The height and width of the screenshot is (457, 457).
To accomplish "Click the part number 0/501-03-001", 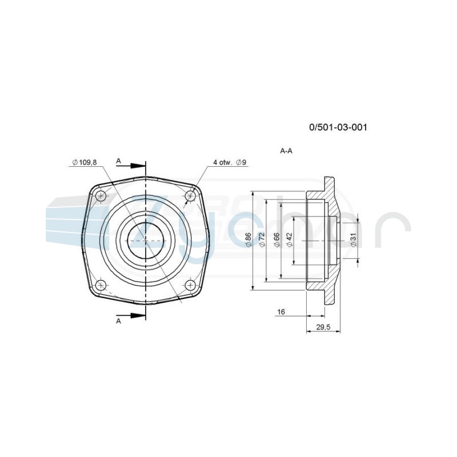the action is pos(338,127).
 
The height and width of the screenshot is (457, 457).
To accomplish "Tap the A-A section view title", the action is pos(286,151).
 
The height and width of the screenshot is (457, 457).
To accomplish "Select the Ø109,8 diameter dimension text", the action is pos(85,162).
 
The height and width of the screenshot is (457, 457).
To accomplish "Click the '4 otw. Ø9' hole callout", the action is pos(230,162).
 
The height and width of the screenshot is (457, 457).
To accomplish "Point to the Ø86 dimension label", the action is pos(248,240).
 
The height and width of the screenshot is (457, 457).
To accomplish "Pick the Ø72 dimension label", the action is pos(262,240).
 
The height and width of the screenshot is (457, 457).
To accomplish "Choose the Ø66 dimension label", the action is pos(276,240).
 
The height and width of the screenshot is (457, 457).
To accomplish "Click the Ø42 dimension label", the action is pos(290,240).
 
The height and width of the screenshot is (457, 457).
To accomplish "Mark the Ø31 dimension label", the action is pos(354,240).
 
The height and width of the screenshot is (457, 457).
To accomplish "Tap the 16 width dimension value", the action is pos(281,312).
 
